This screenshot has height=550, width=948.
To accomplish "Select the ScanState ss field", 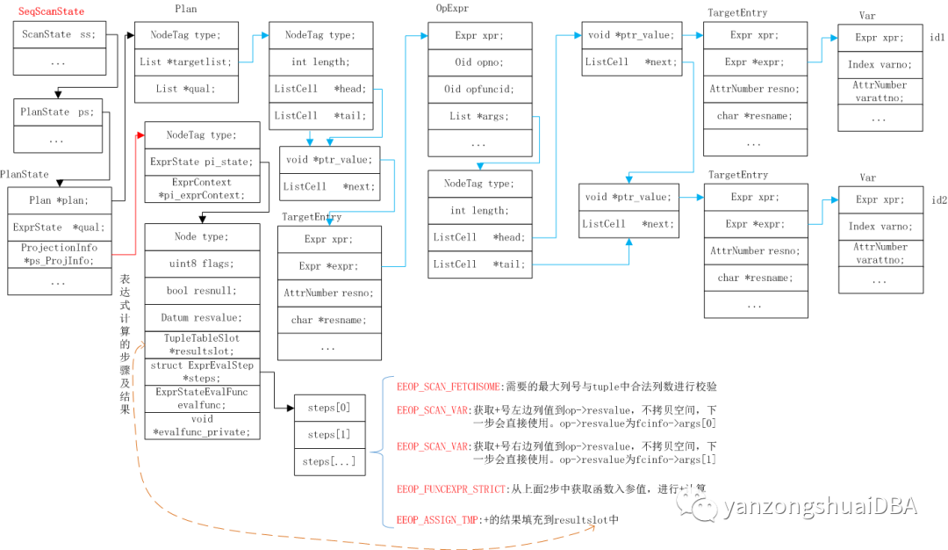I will [59, 36].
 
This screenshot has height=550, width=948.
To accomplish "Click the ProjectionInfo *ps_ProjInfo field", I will [59, 254].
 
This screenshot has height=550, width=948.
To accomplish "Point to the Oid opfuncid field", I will [478, 89].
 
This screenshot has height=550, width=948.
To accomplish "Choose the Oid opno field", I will [478, 62].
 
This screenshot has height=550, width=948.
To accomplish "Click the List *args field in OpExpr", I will [478, 116].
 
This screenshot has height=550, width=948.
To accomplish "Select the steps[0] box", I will [329, 409].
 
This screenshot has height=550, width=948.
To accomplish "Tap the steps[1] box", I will [329, 435].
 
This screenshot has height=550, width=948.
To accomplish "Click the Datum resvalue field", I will [202, 317].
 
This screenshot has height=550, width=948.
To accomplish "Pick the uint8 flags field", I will [202, 264].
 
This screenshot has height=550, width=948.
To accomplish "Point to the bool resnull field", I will [202, 291].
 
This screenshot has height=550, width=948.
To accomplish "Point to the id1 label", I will [938, 38].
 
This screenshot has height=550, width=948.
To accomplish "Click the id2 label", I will [938, 199].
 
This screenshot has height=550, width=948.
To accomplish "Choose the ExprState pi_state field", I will [202, 162].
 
